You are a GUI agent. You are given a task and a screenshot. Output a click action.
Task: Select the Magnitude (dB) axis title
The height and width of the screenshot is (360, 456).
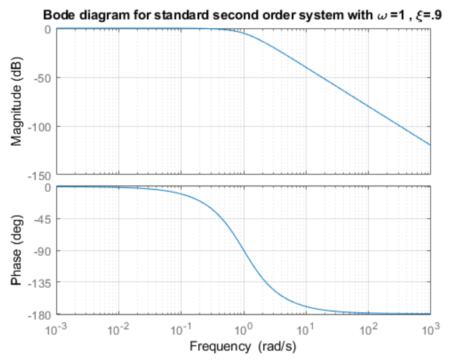[x=16, y=102]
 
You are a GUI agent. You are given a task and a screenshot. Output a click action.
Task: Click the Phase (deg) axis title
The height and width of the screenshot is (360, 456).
[x=16, y=250]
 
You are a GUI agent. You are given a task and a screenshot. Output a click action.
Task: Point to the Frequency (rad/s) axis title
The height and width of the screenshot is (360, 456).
[x=243, y=346]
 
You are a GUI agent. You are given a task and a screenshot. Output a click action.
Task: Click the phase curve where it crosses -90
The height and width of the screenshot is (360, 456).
[x=243, y=251]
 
